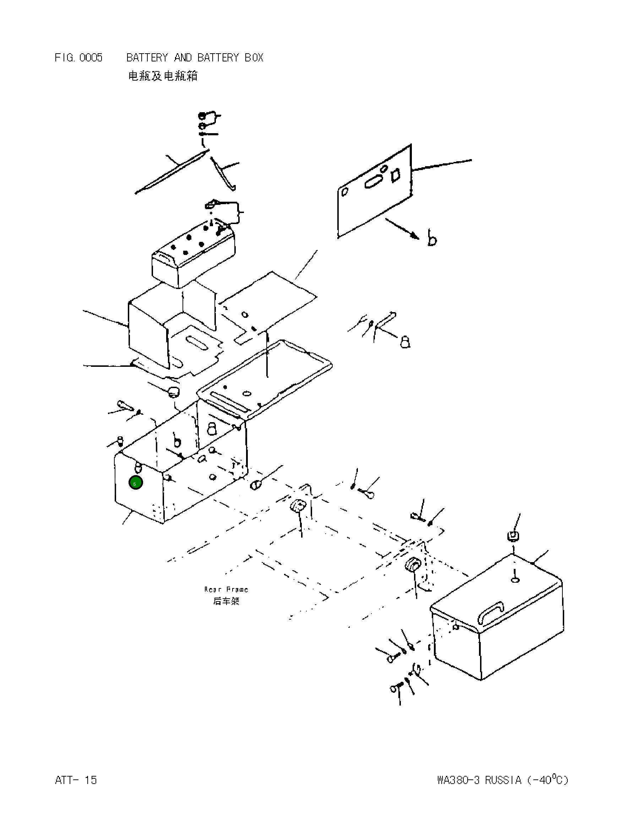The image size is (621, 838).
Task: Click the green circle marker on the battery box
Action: (135, 483)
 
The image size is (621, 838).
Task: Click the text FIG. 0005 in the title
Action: (78, 58)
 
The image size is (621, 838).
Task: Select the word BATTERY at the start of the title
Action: (147, 58)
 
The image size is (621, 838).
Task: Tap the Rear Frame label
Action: (226, 589)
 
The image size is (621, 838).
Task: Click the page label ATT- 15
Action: (76, 780)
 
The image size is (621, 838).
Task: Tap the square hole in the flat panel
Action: (396, 175)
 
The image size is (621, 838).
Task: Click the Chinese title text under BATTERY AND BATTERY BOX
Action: (163, 76)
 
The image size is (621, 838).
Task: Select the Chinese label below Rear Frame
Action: (226, 601)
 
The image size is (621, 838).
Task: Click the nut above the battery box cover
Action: (513, 536)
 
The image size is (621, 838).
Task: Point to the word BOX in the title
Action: (254, 58)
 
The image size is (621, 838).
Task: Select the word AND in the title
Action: (183, 58)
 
